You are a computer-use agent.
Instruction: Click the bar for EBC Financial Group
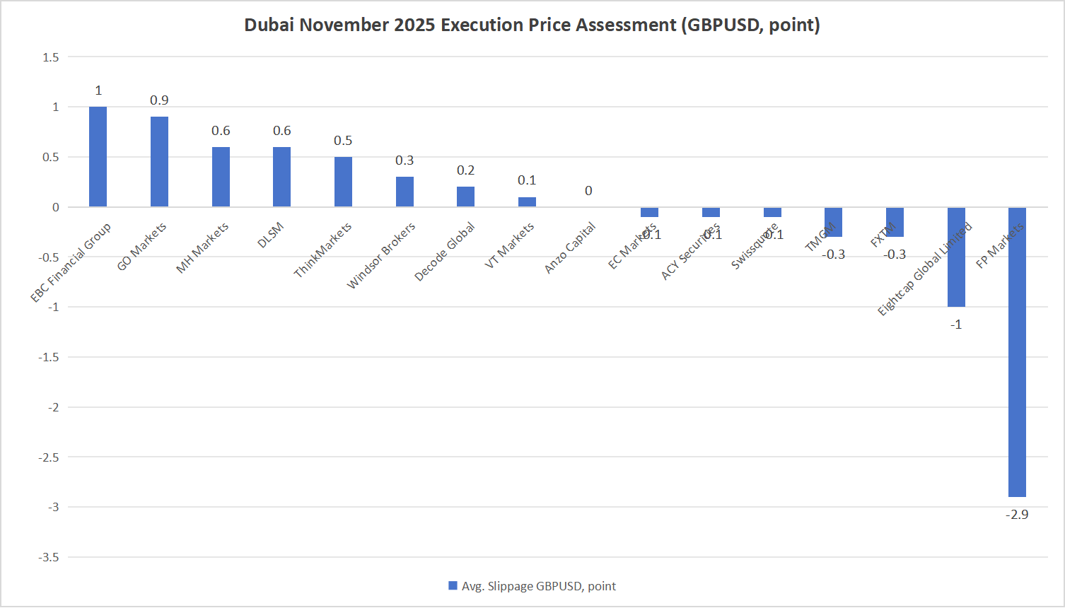click(x=98, y=157)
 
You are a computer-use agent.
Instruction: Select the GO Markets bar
click(x=159, y=162)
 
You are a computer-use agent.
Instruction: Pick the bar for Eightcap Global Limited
click(x=956, y=257)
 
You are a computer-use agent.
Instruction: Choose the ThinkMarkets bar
click(x=343, y=182)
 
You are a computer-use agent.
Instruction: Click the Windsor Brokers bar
click(x=405, y=192)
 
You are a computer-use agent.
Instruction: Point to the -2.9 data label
click(x=1017, y=515)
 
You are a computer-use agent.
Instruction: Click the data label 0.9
click(x=159, y=100)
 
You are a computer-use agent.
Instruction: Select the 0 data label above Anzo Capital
click(x=588, y=191)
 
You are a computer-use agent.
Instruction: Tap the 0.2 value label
click(x=466, y=170)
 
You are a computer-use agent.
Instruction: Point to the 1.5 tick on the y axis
click(x=51, y=57)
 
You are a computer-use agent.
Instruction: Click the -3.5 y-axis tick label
click(x=48, y=557)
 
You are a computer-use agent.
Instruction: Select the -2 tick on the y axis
click(x=53, y=407)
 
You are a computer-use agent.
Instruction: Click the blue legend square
click(x=453, y=586)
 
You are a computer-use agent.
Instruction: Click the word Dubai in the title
click(x=269, y=25)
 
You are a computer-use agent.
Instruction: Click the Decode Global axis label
click(x=445, y=252)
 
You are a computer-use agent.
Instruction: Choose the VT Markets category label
click(x=509, y=246)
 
